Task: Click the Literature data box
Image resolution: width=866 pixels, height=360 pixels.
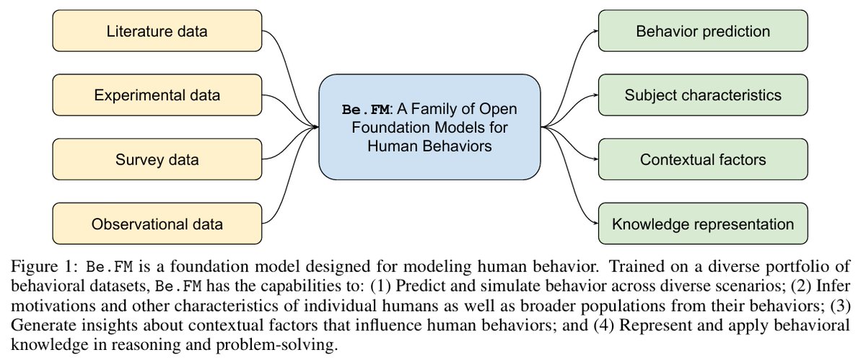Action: (157, 32)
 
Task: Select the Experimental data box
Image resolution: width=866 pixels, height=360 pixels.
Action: (157, 95)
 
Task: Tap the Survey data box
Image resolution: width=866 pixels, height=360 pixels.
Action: (157, 159)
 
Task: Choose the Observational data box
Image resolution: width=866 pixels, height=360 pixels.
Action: (157, 224)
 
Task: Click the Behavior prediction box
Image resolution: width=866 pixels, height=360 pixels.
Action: (703, 32)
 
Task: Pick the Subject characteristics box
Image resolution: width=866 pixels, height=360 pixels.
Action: (703, 95)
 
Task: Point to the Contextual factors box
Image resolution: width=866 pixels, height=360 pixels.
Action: (703, 159)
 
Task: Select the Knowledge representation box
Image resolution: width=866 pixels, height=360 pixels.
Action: (703, 224)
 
